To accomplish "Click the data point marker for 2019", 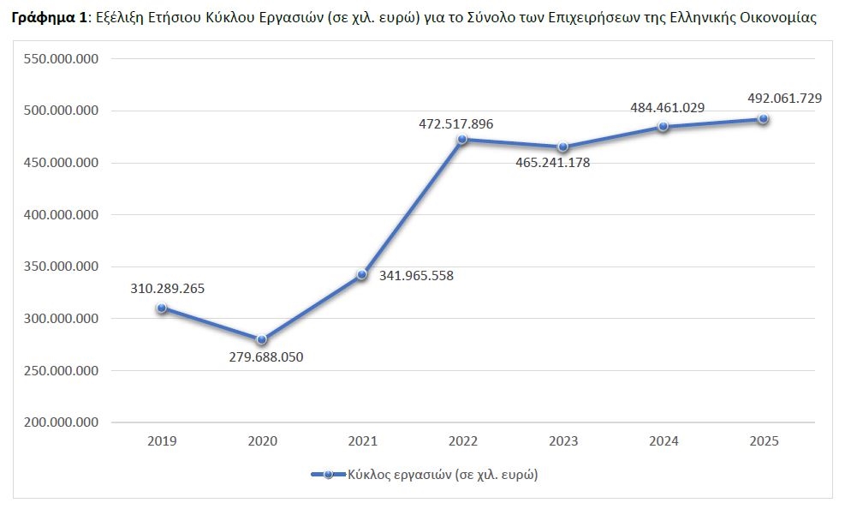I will tap(162, 308).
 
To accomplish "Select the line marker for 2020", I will tap(262, 339).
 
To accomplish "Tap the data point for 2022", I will tap(462, 139).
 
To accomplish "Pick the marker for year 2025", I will tap(763, 119).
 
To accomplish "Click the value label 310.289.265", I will tap(168, 288).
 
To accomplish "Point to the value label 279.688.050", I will tap(266, 356).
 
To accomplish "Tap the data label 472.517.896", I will tap(455, 123).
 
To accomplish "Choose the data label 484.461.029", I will tap(668, 107).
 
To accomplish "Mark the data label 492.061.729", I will tap(784, 99).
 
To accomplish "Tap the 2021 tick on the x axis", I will tap(363, 441).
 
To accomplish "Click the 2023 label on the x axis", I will tap(562, 441).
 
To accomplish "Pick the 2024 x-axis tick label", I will tap(664, 441).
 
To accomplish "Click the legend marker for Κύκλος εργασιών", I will tap(328, 474).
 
